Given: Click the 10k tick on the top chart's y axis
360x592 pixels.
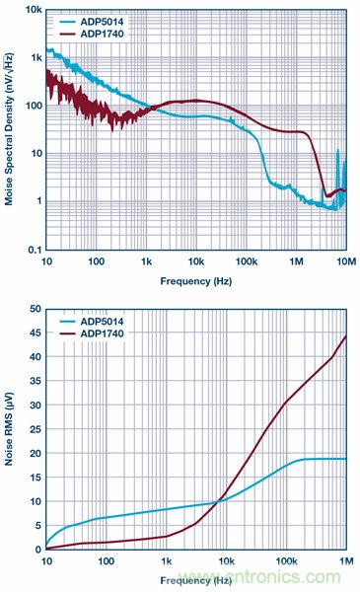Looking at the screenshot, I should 31,9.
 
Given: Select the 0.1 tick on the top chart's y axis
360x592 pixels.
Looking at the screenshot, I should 32,250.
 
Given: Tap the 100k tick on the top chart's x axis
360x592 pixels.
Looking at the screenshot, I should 245,261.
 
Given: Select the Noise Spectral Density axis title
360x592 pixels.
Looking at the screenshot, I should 9,128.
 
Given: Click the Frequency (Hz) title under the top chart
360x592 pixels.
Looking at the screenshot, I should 195,280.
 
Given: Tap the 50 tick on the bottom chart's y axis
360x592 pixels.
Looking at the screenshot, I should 35,309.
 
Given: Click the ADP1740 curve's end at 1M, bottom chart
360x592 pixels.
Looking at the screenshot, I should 345,336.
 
